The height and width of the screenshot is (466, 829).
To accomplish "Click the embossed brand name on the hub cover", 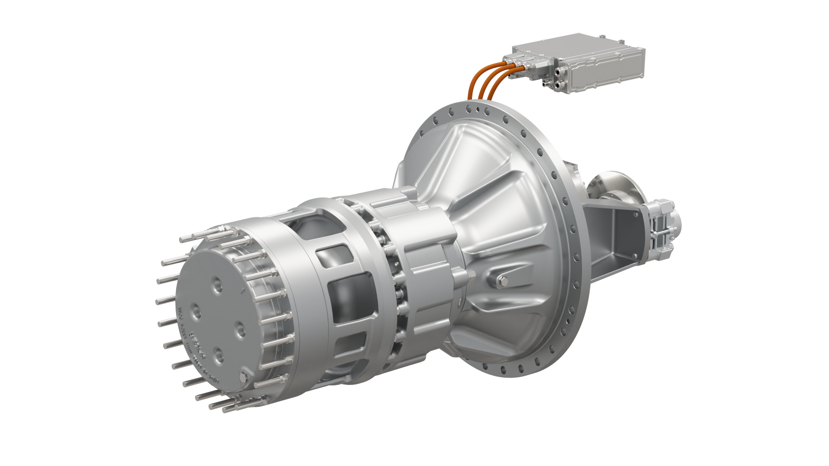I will point(198,345).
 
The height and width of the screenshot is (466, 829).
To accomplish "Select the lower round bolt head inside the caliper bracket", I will point(635,256).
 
